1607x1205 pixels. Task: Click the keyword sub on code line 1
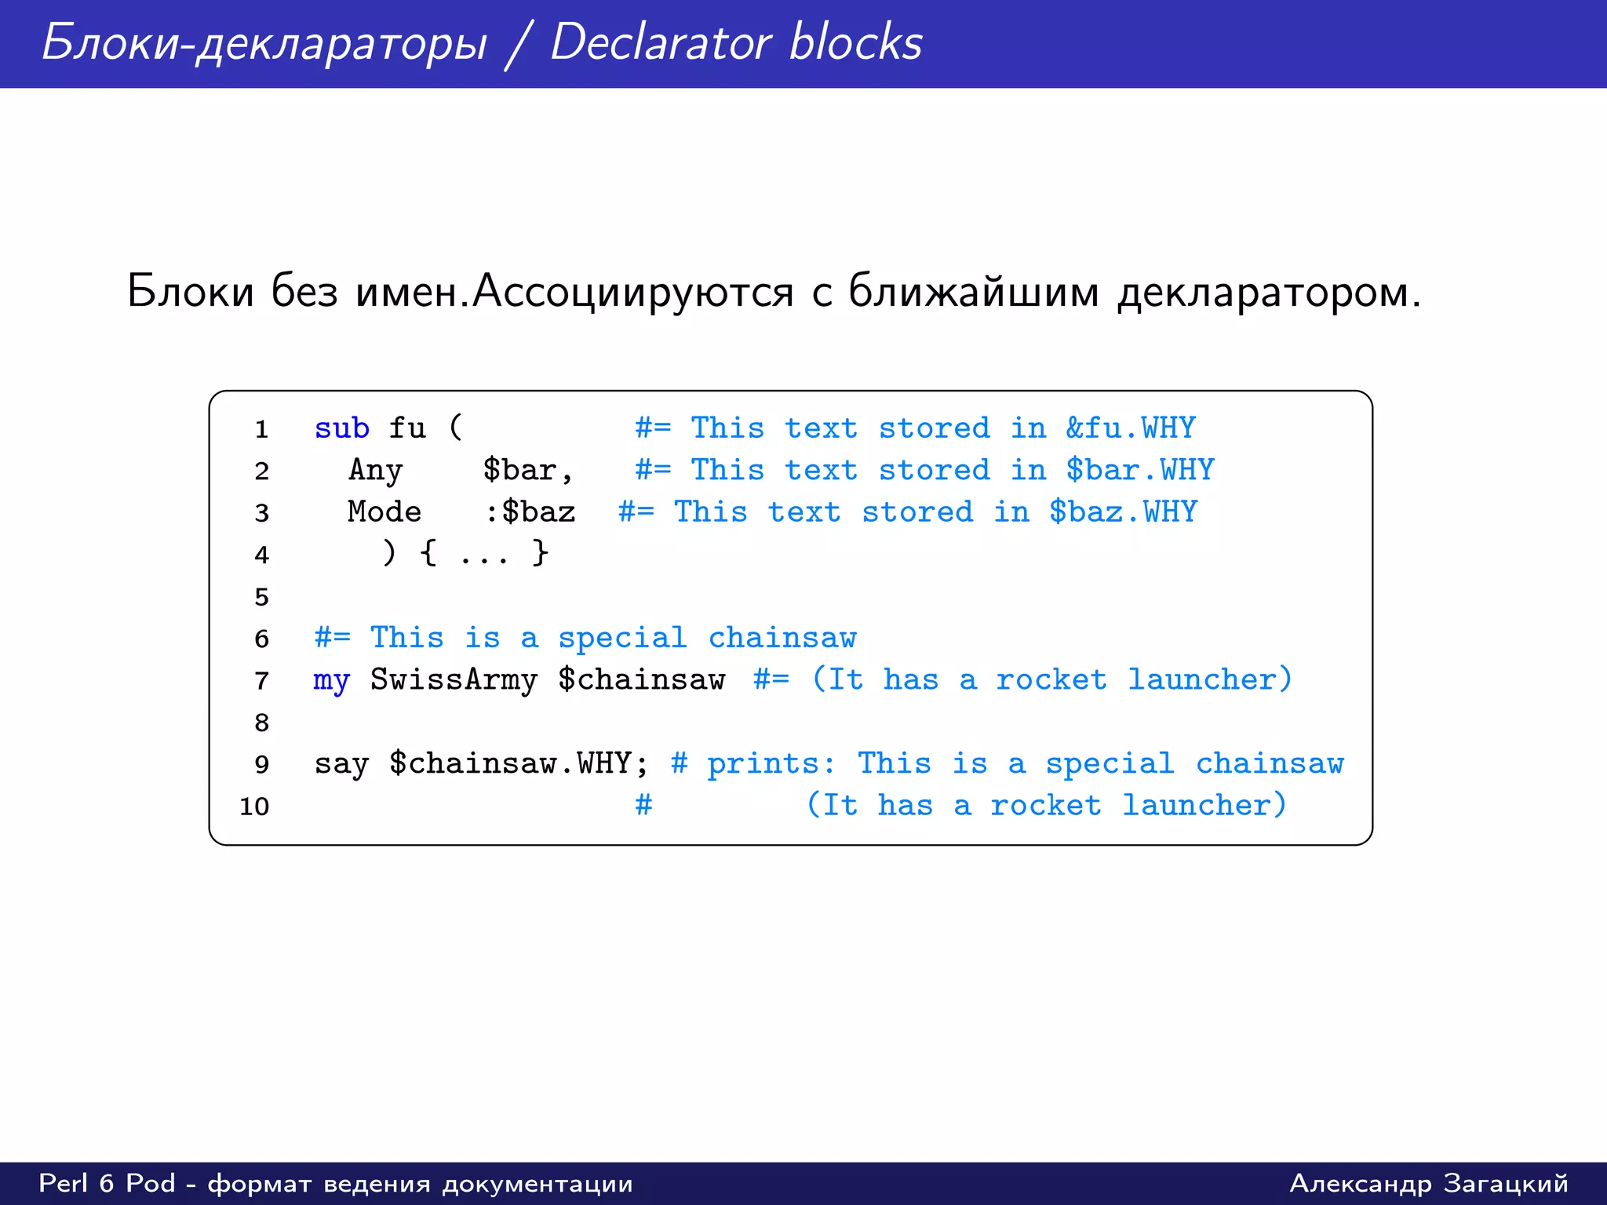point(341,428)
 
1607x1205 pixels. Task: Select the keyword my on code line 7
point(331,680)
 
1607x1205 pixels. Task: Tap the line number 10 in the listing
point(254,806)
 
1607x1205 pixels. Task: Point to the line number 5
point(261,597)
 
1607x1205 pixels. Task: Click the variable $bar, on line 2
point(527,470)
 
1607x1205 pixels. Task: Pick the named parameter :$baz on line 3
point(530,512)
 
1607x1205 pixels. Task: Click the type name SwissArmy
point(454,680)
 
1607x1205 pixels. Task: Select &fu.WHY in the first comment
point(1130,428)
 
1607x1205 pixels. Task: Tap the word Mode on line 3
point(384,512)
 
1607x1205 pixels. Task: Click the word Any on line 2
point(375,471)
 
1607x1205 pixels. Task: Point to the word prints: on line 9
point(771,764)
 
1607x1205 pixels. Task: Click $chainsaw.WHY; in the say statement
point(519,764)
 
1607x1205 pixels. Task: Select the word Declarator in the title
point(660,42)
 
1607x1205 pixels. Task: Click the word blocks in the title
point(855,42)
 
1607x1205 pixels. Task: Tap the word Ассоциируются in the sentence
point(633,292)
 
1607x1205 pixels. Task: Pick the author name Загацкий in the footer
point(1506,1183)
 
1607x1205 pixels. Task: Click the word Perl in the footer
point(64,1183)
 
